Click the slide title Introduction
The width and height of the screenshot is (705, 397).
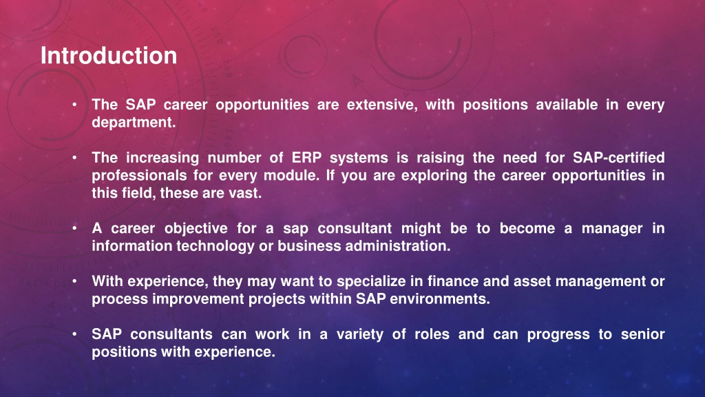pos(109,56)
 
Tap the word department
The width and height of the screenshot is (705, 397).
pos(134,123)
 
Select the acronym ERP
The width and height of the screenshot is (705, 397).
pos(306,158)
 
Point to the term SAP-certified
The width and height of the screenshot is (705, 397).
pos(619,158)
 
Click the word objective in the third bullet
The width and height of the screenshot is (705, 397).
pos(196,229)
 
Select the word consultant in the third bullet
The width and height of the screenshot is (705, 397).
pos(355,229)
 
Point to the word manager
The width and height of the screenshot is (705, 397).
pos(612,229)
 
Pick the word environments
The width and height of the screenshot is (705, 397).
pos(440,299)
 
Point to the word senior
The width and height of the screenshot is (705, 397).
pos(642,334)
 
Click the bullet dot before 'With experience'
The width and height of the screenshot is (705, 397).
pos(74,282)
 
